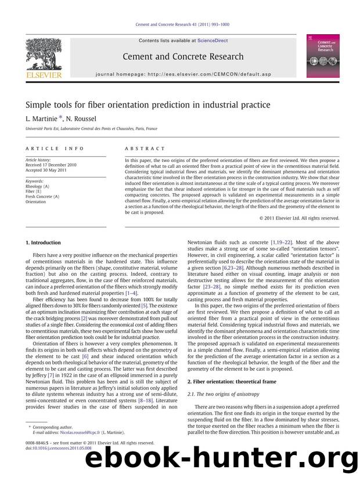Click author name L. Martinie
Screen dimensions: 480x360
(41, 118)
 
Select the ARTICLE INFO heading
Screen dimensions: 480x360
(46, 149)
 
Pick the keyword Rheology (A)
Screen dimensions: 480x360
(38, 186)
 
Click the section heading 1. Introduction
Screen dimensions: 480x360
(44, 242)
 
